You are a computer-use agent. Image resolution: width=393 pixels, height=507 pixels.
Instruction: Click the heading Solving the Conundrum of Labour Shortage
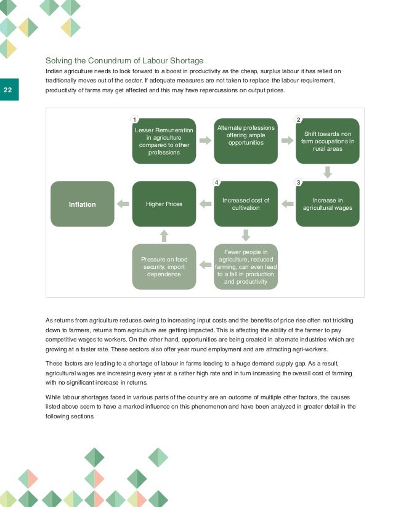tap(124, 60)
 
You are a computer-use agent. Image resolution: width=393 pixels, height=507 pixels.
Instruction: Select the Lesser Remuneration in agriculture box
tap(164, 141)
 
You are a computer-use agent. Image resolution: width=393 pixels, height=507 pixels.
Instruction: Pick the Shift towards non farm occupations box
tap(327, 141)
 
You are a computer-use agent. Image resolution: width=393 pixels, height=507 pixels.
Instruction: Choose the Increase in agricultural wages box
tap(327, 204)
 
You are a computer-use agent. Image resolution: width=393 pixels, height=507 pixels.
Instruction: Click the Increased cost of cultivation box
tap(245, 204)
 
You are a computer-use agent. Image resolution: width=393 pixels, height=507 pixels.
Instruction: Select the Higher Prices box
tap(164, 204)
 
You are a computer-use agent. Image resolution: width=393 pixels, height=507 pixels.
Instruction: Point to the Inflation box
tap(83, 204)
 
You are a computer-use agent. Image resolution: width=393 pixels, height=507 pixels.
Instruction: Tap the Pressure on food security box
tap(164, 266)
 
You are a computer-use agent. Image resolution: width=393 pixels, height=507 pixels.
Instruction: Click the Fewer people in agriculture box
tap(245, 266)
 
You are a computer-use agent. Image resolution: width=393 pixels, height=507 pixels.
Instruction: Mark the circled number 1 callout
tap(134, 119)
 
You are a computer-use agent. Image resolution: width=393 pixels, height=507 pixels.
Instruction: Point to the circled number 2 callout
tap(298, 119)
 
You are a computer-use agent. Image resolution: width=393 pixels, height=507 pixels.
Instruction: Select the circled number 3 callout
tap(298, 182)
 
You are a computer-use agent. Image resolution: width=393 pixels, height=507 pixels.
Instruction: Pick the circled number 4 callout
tap(216, 182)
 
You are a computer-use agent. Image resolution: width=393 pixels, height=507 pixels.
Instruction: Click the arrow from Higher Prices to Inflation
tap(123, 204)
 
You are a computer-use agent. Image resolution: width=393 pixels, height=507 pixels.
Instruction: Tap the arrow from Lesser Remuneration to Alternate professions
tap(205, 141)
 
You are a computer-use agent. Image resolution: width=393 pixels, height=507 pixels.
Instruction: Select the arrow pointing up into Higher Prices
tap(164, 235)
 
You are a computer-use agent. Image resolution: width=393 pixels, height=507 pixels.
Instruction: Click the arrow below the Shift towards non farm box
tap(327, 172)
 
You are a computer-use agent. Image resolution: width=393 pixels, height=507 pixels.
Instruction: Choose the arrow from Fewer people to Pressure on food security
tap(205, 266)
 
